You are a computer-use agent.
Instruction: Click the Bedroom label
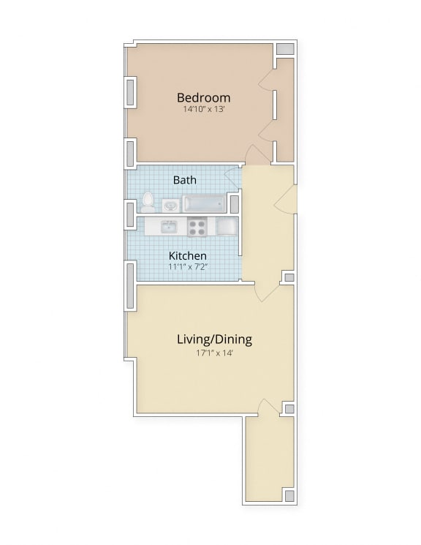click(x=203, y=97)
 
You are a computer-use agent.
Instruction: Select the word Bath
click(x=184, y=179)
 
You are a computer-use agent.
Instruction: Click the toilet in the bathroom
click(x=148, y=202)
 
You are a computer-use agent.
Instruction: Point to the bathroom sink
click(x=170, y=205)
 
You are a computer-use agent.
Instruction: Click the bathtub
click(x=205, y=204)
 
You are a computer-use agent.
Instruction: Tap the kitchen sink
click(x=168, y=226)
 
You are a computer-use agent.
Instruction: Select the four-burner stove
click(x=197, y=226)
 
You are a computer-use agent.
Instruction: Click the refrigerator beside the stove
click(x=225, y=226)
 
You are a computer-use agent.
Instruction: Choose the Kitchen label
click(x=188, y=256)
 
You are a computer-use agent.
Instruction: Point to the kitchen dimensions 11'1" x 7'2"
click(x=188, y=268)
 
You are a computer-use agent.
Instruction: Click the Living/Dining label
click(x=214, y=339)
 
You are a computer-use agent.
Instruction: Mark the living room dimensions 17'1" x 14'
click(x=214, y=353)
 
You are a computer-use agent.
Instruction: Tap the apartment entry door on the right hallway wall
click(x=288, y=198)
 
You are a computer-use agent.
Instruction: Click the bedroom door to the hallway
click(x=257, y=154)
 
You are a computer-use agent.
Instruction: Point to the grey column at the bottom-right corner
click(x=289, y=496)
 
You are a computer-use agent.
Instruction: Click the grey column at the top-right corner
click(x=285, y=49)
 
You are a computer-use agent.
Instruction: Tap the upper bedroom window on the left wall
click(x=131, y=92)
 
